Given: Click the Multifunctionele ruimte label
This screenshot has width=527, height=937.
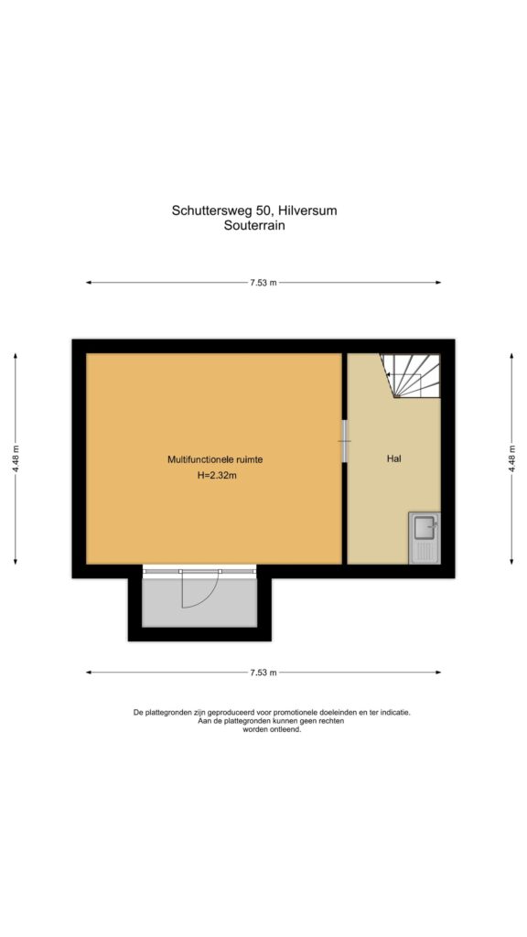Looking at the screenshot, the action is point(215,459).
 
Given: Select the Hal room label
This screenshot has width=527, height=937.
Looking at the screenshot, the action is point(393,459).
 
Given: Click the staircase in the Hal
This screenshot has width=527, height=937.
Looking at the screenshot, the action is point(411,376).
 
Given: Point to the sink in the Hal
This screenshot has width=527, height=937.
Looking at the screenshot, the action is point(425,538).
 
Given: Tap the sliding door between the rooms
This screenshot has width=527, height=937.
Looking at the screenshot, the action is point(344,441).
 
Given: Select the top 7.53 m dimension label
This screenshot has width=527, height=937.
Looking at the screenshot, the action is point(263,283).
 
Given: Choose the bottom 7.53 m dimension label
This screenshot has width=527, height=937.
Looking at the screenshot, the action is point(263,673).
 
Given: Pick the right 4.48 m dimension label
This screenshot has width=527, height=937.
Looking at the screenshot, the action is point(511,459).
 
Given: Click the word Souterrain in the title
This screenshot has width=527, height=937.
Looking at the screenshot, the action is point(254,226).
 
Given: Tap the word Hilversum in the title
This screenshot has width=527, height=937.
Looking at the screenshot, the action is point(309,210).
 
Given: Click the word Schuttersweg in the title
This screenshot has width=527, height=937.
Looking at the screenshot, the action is point(214,211).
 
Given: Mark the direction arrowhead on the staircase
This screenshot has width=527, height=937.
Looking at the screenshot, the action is point(389,374).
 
